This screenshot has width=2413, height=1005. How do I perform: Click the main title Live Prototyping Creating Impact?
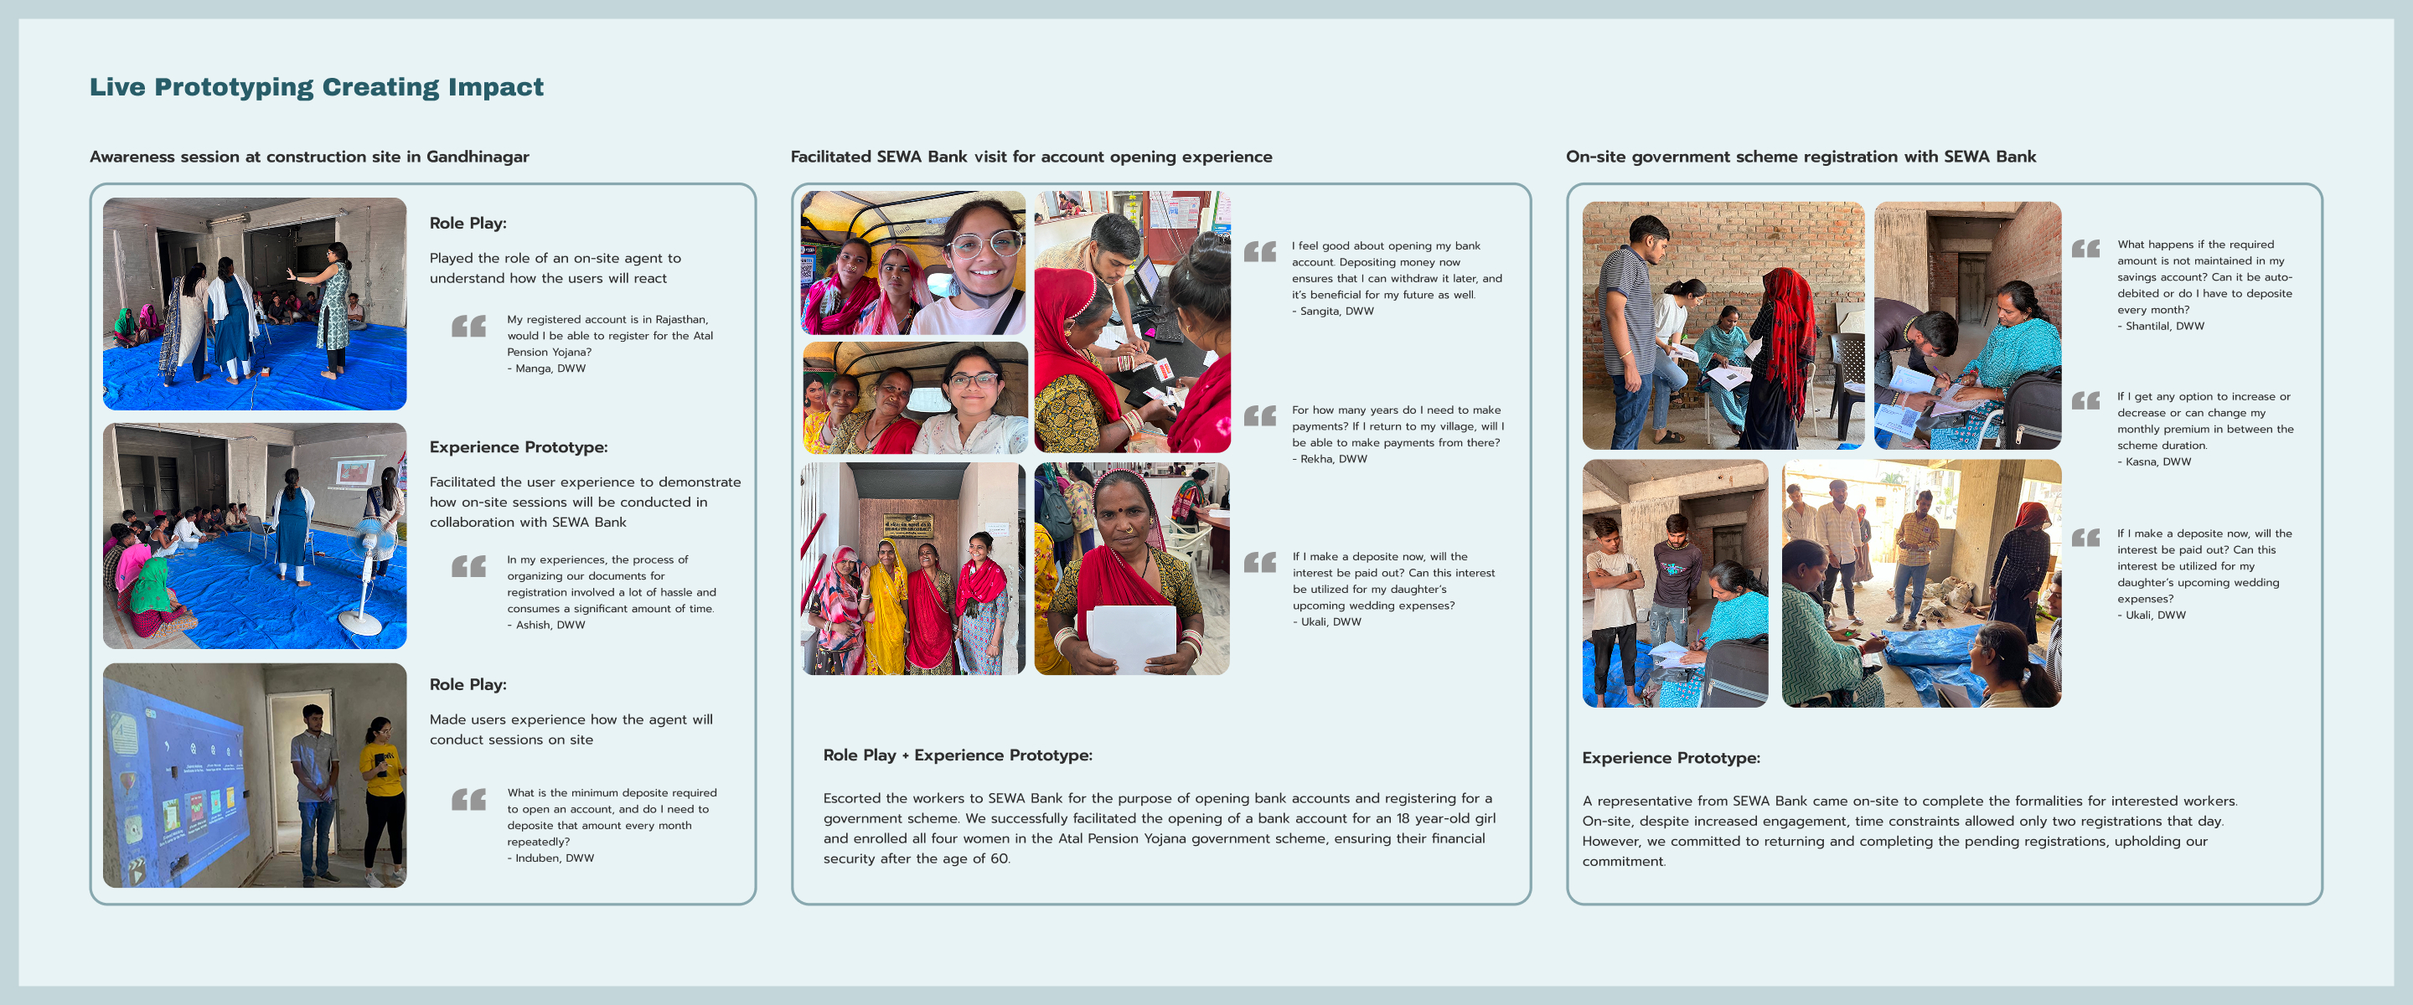pyautogui.click(x=316, y=87)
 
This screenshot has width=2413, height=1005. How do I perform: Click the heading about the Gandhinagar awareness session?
pyautogui.click(x=309, y=157)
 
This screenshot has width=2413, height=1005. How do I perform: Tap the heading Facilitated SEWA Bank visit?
pyautogui.click(x=1031, y=157)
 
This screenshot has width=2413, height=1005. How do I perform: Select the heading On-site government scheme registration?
pyautogui.click(x=1801, y=157)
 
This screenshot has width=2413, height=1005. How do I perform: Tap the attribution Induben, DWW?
pyautogui.click(x=553, y=858)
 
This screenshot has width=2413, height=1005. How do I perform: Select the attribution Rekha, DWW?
pyautogui.click(x=1332, y=459)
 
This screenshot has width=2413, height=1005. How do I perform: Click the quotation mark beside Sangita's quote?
pyautogui.click(x=1260, y=251)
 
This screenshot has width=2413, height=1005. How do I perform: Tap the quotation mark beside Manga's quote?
pyautogui.click(x=468, y=326)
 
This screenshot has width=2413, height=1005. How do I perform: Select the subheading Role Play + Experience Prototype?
pyautogui.click(x=958, y=755)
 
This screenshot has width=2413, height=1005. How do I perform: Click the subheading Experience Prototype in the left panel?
pyautogui.click(x=518, y=448)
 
